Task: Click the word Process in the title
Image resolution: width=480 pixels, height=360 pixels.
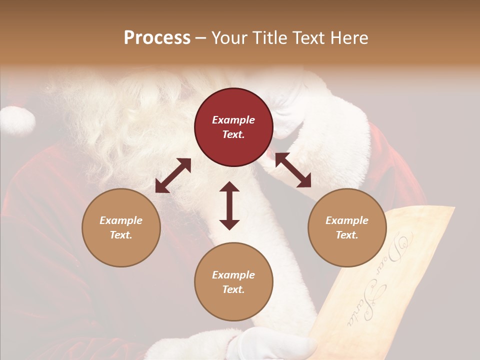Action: pos(157,38)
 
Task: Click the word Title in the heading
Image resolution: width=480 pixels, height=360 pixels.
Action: pos(269,38)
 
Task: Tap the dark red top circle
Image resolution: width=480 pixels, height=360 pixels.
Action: pos(233,127)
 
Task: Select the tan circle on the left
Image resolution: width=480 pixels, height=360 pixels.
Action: pos(121,227)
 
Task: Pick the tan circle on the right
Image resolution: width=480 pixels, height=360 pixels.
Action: pos(347,227)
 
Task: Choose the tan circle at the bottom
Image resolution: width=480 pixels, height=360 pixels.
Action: pos(233,281)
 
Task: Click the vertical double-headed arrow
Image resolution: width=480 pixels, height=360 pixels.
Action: pos(229,205)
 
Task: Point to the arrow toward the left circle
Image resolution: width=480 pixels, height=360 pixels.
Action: pos(173,175)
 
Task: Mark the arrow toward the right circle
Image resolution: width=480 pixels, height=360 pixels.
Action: pos(293,170)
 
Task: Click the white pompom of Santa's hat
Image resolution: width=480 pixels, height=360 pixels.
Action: pos(18,120)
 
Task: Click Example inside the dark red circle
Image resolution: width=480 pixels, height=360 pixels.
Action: pos(233,120)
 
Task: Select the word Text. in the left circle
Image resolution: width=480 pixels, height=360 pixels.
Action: pos(121,235)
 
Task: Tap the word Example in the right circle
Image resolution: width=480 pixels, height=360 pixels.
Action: pos(347,220)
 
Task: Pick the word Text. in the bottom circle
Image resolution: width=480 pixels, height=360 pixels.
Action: pos(233,289)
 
